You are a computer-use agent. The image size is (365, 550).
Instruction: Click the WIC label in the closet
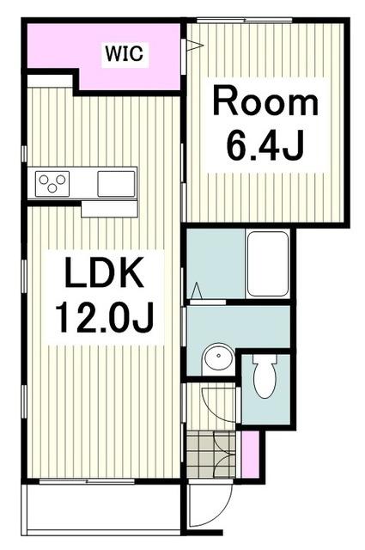(x=125, y=54)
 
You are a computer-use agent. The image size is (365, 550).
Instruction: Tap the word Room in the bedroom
(x=265, y=102)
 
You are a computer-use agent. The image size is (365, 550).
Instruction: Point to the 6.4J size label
(x=265, y=146)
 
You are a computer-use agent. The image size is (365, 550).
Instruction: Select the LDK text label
(x=104, y=272)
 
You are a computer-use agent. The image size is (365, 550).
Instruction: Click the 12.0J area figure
(x=104, y=318)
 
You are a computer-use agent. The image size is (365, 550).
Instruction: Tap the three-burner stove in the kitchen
(x=52, y=184)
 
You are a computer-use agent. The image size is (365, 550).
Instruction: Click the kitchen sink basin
(x=116, y=184)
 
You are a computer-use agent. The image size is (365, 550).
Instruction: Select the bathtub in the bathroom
(x=268, y=264)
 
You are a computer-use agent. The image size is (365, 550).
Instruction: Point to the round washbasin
(x=218, y=357)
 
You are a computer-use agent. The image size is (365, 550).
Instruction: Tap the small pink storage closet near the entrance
(x=250, y=455)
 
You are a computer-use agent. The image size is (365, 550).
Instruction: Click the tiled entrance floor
(x=210, y=454)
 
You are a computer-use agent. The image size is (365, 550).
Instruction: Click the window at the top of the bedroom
(x=245, y=20)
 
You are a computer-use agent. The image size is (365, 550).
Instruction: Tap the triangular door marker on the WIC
(x=195, y=46)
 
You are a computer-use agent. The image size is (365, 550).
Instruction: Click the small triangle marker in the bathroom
(x=197, y=290)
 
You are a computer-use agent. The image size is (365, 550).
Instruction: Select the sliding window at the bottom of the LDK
(x=87, y=481)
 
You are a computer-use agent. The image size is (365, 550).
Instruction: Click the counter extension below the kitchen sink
(x=109, y=209)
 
